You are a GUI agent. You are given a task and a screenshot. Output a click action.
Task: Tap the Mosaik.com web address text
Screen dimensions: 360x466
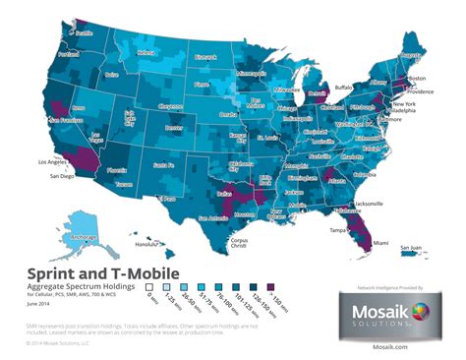(x=386, y=346)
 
